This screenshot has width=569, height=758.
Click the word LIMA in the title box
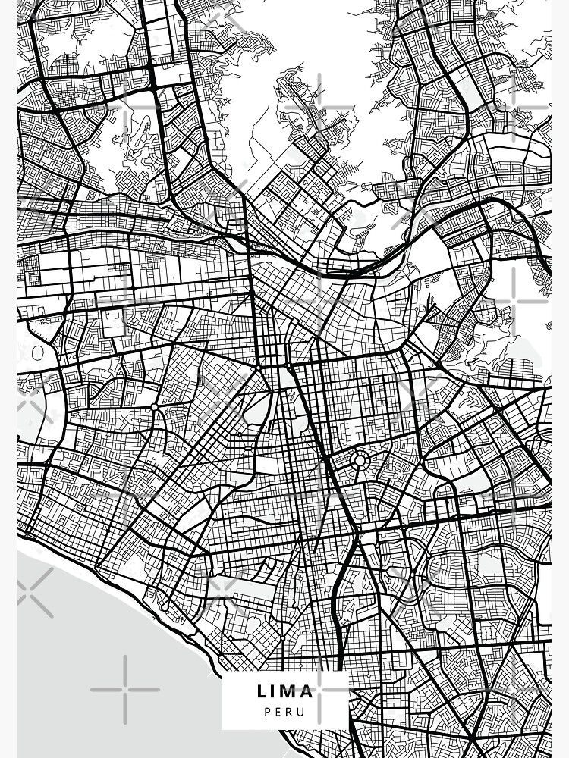[x=285, y=691]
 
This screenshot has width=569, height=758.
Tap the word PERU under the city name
[x=285, y=712]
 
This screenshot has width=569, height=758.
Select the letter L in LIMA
[x=261, y=691]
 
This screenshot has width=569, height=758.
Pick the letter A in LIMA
[x=307, y=691]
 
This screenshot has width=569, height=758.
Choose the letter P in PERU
[x=269, y=712]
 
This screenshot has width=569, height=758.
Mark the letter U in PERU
[x=302, y=712]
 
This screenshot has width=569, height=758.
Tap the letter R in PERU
[x=291, y=712]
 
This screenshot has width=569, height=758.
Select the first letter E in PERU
[x=279, y=712]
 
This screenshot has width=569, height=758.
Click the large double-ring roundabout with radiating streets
[x=360, y=460]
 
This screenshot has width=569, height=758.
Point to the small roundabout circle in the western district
[x=154, y=407]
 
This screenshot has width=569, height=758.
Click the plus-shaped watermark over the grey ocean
[x=124, y=689]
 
